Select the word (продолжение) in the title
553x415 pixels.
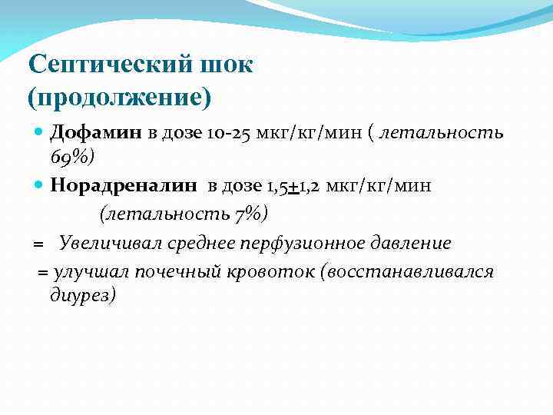tap(119, 98)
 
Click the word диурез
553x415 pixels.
tap(83, 295)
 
